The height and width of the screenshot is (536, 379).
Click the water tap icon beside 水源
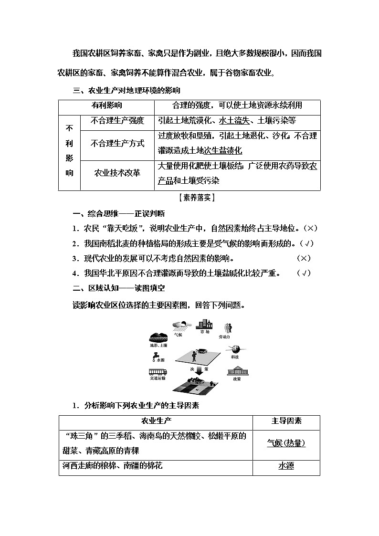(156, 356)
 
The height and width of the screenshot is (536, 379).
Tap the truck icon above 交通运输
(158, 371)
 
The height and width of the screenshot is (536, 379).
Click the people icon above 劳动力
(228, 328)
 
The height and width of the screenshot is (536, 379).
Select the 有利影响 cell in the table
(106, 105)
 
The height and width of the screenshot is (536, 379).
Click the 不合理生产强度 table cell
(117, 121)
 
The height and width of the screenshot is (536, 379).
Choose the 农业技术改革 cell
(117, 172)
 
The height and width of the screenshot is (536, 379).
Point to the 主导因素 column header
(286, 420)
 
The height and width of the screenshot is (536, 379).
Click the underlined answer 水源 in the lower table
(286, 465)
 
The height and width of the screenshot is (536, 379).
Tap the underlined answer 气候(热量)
(286, 442)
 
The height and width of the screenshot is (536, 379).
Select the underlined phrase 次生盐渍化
(223, 150)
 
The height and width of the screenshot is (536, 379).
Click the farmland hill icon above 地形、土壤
(158, 336)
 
